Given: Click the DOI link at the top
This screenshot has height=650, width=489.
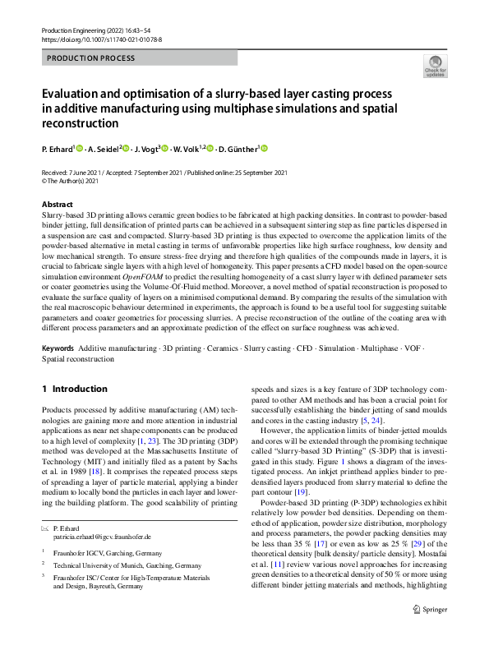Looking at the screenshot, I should [x=101, y=39].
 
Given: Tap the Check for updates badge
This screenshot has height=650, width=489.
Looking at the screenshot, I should [x=435, y=67].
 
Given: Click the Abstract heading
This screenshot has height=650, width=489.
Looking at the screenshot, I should [x=57, y=204].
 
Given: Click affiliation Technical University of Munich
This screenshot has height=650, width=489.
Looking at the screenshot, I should [x=127, y=565].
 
